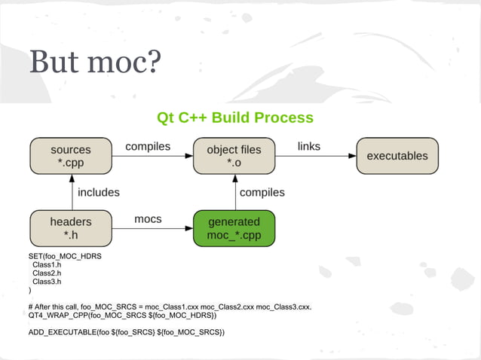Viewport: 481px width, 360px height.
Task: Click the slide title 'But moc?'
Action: coord(95,63)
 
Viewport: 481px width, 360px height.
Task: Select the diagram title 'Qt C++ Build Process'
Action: coord(234,118)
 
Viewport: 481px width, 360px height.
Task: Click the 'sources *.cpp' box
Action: coord(70,156)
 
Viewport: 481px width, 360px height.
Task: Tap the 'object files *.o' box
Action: coord(234,156)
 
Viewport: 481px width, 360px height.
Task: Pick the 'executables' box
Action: coord(397,156)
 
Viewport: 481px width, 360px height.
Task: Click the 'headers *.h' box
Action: coord(70,228)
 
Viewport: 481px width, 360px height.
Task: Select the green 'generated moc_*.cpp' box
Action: coord(234,228)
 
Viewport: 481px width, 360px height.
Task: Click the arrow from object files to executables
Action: coord(315,156)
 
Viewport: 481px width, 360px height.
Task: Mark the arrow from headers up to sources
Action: coord(71,192)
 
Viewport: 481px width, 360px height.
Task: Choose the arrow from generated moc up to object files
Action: coord(234,192)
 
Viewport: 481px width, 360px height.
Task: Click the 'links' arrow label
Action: coord(309,145)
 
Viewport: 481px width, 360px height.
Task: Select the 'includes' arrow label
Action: coord(99,192)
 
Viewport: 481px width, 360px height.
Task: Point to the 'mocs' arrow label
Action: coord(148,218)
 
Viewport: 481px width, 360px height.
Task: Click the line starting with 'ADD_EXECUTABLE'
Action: coord(127,332)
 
